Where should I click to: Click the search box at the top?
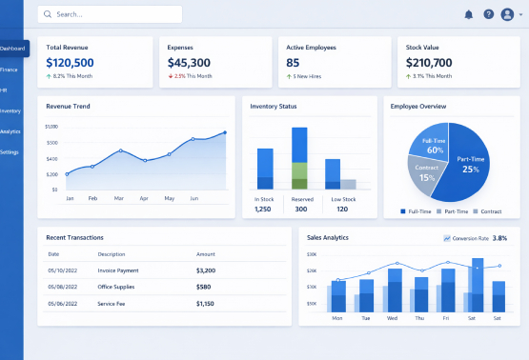click(110, 14)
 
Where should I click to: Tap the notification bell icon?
click(468, 14)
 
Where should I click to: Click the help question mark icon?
click(489, 14)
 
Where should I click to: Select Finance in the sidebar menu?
click(10, 70)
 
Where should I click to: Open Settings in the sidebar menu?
click(10, 152)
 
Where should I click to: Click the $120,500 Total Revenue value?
click(70, 62)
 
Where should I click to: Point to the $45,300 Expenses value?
click(189, 62)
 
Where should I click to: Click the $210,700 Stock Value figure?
click(429, 62)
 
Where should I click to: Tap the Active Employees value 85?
click(293, 62)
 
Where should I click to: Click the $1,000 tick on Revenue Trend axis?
click(51, 127)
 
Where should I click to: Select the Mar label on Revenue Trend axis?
click(119, 198)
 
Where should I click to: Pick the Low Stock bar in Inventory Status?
click(334, 174)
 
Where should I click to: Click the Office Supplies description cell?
click(116, 287)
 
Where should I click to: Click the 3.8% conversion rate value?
click(499, 238)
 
